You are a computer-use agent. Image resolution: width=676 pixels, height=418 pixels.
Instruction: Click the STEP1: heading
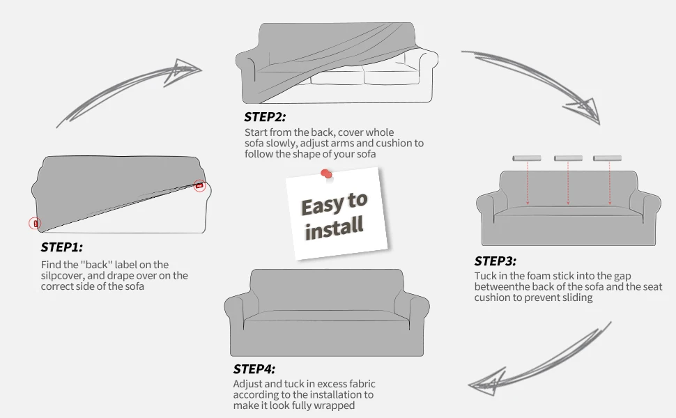coord(61,247)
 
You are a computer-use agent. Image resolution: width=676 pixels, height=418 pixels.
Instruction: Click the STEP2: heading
coord(265,117)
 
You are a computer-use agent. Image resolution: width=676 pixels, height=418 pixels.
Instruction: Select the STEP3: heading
coord(495,261)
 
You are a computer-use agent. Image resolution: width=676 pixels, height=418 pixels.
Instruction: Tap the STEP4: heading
coord(254,369)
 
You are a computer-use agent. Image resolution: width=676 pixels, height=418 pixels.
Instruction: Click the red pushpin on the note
coord(326,173)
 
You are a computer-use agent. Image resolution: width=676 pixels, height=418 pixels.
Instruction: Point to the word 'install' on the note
coord(334,228)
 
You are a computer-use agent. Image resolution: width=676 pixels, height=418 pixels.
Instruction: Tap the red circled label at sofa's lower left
coord(35,223)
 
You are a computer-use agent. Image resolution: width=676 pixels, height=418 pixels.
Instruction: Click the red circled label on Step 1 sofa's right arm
coord(199,186)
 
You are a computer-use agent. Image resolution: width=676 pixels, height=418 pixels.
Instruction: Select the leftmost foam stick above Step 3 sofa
coord(526,158)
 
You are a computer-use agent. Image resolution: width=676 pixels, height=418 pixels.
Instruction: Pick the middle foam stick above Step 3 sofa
coord(568,158)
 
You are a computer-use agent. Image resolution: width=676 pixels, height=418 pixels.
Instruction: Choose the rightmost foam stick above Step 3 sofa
coord(607,158)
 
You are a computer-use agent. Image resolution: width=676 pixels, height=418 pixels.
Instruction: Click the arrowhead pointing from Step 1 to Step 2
coord(185,70)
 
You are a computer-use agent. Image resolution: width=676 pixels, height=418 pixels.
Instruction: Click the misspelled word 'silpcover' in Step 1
coord(61,276)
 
